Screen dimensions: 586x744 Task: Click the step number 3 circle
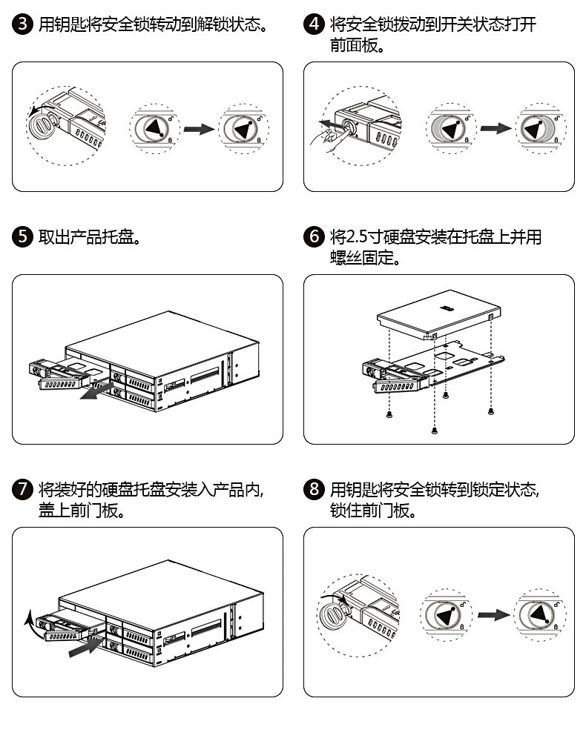click(22, 24)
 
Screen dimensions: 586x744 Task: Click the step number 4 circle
click(314, 24)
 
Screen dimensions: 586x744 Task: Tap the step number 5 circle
click(22, 236)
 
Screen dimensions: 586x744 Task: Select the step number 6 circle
click(314, 236)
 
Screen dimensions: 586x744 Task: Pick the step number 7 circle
click(22, 489)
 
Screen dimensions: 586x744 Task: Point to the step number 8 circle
click(314, 489)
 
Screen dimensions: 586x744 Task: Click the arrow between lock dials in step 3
click(199, 129)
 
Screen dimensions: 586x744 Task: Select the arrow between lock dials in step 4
click(496, 128)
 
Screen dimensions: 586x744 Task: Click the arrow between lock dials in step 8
click(494, 615)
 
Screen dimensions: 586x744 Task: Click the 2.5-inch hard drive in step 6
click(438, 314)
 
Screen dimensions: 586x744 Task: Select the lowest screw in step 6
click(434, 431)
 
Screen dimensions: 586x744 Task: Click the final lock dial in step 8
click(539, 615)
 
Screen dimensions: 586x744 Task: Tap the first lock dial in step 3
click(155, 129)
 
